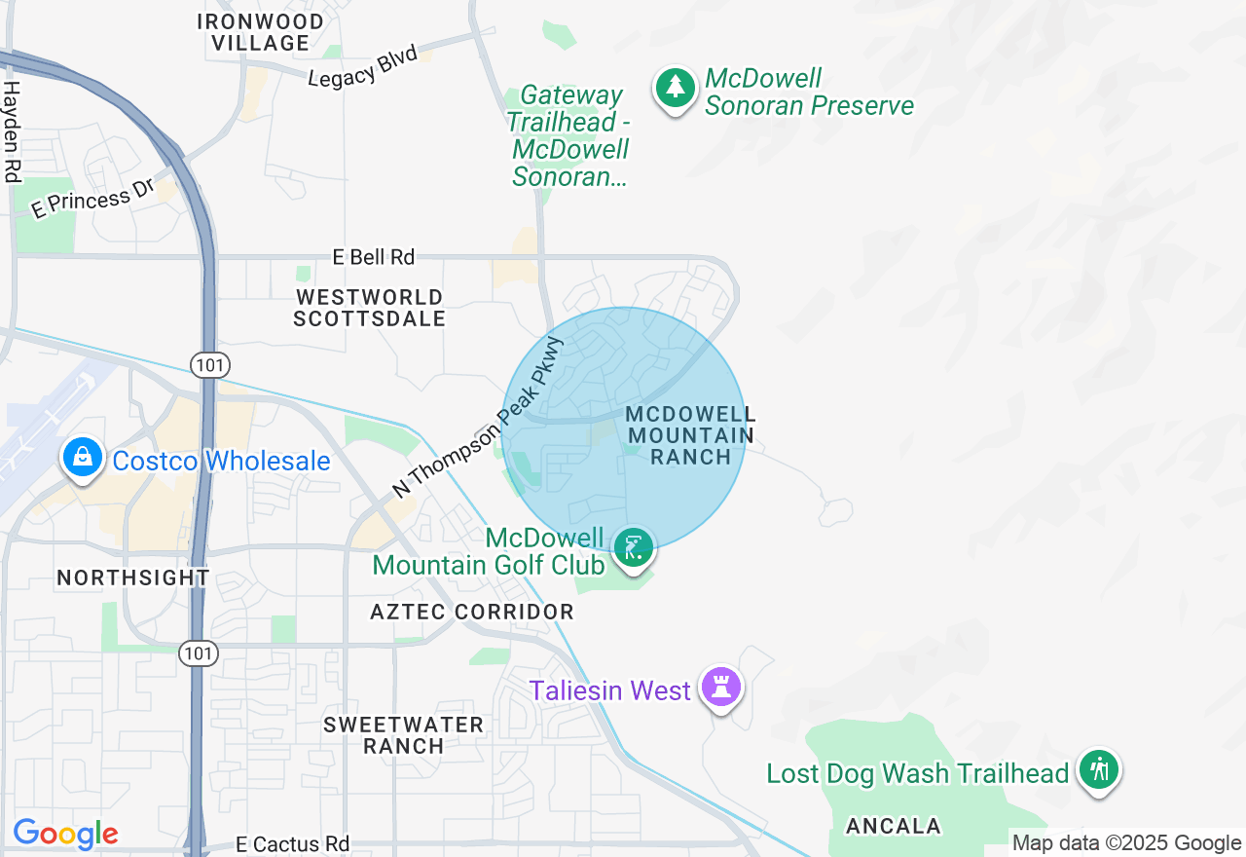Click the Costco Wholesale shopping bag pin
tap(83, 457)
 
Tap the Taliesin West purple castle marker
tap(721, 688)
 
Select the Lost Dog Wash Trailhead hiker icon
tap(1099, 770)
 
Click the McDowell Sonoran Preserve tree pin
tap(675, 89)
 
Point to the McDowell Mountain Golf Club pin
tap(634, 548)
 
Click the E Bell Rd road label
tap(374, 257)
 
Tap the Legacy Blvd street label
tap(362, 66)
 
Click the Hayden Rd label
tap(12, 131)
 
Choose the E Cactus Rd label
tap(293, 843)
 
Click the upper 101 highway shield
tap(211, 365)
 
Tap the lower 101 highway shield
tap(198, 653)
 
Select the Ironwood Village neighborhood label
tap(261, 32)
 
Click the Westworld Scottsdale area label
tap(370, 308)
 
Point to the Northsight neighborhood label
tap(133, 578)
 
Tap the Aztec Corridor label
tap(472, 612)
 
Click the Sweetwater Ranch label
tap(404, 735)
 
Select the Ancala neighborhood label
tap(894, 826)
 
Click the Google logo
tap(65, 835)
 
